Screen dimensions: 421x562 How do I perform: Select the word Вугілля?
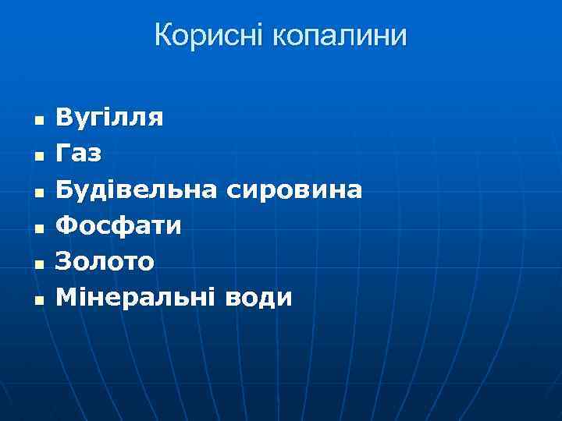coord(109,119)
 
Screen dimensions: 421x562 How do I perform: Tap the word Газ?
coord(79,154)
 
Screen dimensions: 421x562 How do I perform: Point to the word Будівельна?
coord(137,189)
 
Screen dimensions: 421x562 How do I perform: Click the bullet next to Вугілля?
coord(37,121)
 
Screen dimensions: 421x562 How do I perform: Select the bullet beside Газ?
coord(37,157)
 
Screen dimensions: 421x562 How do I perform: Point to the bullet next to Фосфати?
coord(37,228)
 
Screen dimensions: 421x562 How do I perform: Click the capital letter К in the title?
coord(164,36)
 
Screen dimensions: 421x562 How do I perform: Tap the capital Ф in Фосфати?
coord(67,225)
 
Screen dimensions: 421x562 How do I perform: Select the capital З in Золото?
coord(64,261)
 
